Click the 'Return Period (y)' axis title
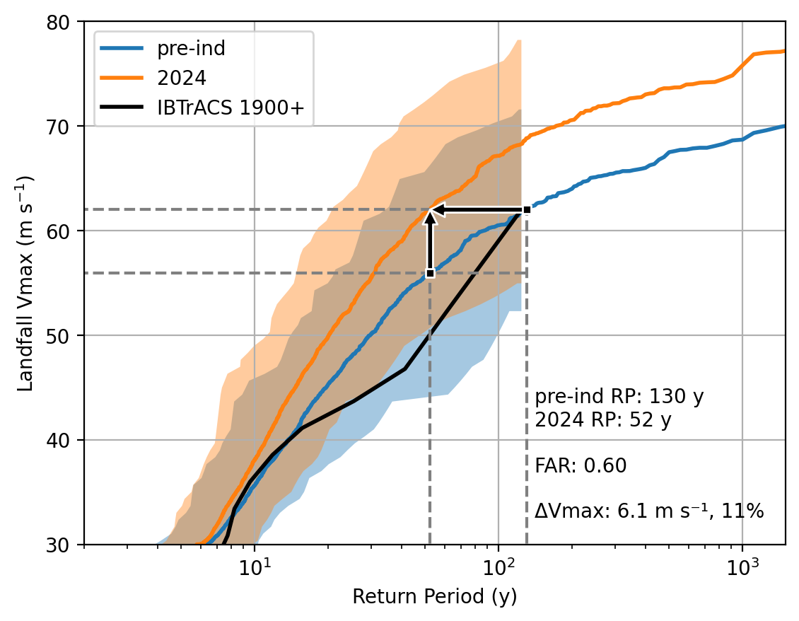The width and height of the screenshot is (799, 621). pos(435,597)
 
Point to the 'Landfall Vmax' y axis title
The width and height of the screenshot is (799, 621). pos(26,283)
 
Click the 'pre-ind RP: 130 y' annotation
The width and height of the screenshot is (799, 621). pos(619,396)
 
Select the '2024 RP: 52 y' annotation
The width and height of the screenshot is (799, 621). pos(602,420)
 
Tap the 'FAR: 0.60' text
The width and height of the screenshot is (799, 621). pos(581,465)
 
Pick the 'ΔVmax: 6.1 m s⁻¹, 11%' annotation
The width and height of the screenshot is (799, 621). pos(648,511)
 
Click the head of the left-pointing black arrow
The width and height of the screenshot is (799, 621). pos(436,209)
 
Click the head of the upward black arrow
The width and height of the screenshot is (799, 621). pos(430,217)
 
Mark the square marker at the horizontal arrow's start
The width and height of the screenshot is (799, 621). pos(527,209)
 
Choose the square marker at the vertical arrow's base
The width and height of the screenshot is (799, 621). pos(430,273)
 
